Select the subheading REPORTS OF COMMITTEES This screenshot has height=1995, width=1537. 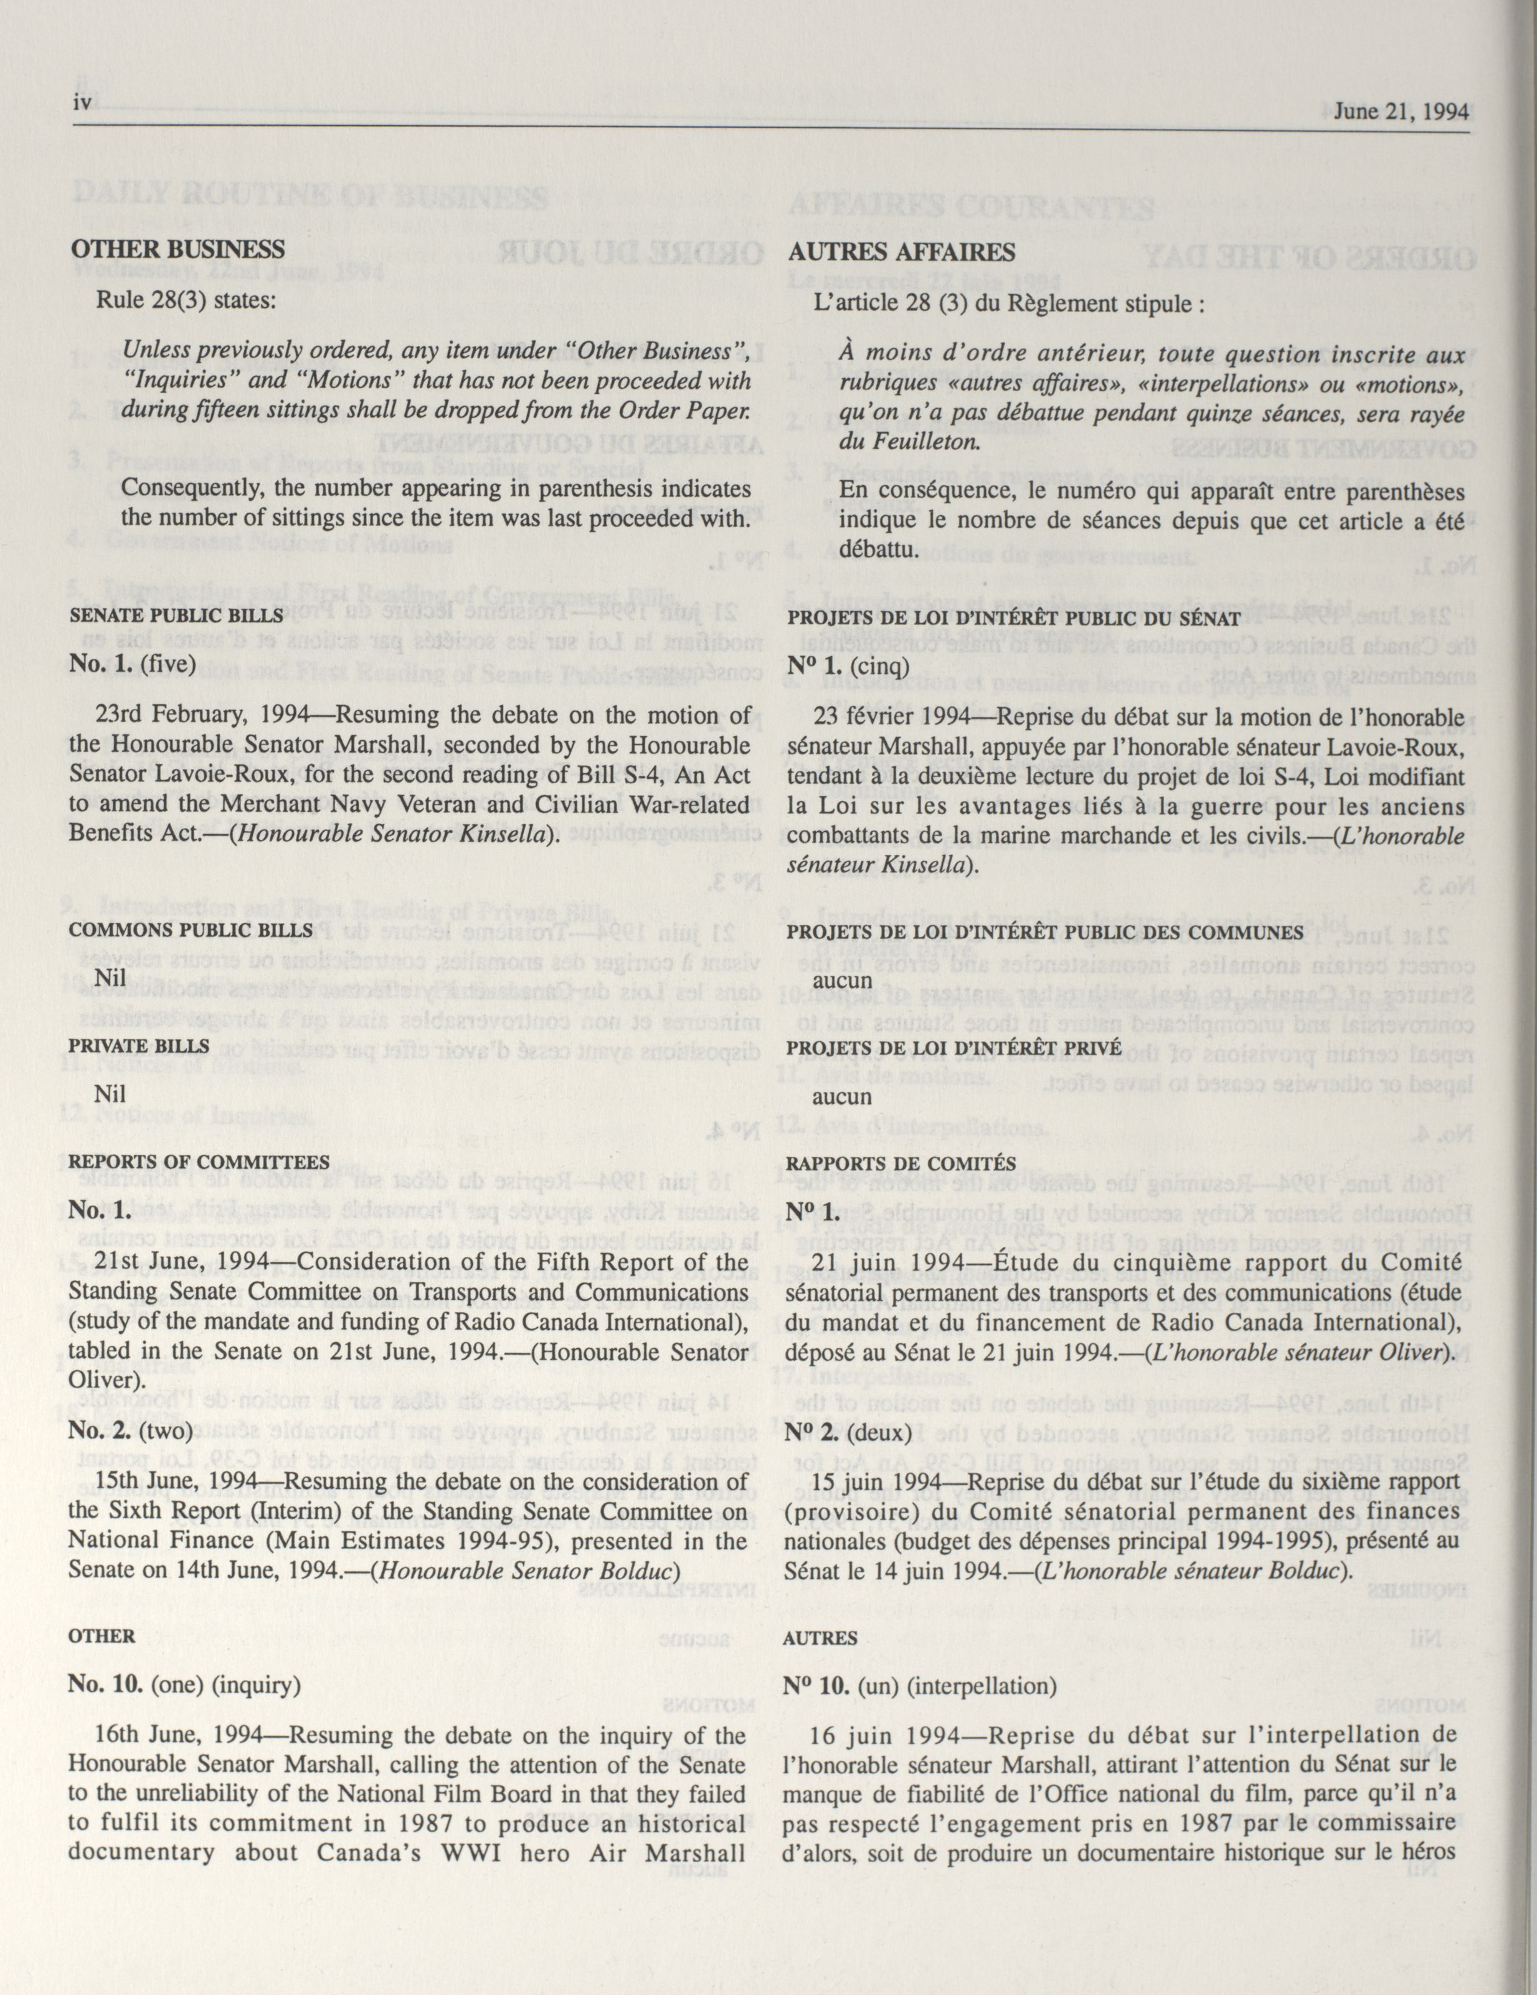(x=199, y=1163)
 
